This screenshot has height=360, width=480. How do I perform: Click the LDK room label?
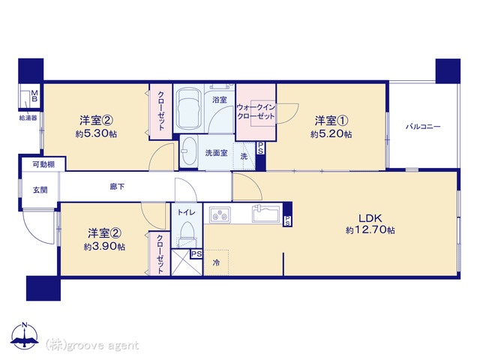[370, 218]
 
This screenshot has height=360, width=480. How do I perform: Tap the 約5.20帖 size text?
[331, 134]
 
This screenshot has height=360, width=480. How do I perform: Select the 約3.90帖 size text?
[104, 247]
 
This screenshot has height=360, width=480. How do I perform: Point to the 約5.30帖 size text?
[96, 133]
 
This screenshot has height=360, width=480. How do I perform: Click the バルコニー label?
[423, 127]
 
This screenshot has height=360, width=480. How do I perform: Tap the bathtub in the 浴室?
[188, 109]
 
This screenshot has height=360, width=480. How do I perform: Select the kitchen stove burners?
[220, 214]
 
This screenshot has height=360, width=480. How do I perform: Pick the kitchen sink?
[265, 213]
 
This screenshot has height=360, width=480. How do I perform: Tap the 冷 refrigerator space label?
[217, 262]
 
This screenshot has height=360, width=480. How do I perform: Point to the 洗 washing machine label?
[244, 157]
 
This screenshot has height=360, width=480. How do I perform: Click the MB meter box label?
[34, 96]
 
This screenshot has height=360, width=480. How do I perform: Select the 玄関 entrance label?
[40, 190]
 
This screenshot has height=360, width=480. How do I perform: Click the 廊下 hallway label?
[117, 187]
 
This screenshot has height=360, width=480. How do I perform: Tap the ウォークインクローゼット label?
[256, 112]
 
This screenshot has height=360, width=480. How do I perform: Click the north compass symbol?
[25, 336]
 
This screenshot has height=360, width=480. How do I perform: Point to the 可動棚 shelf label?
[43, 164]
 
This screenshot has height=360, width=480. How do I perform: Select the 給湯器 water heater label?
[28, 118]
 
